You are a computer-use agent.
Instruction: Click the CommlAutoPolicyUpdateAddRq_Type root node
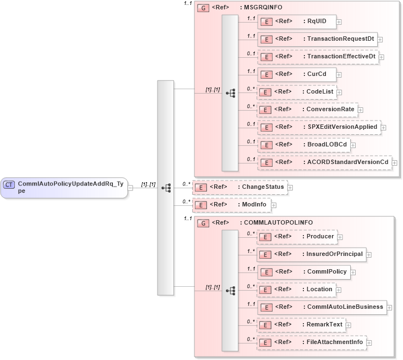coord(64,187)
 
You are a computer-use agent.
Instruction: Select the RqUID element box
coord(297,21)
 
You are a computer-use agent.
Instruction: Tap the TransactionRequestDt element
coord(317,39)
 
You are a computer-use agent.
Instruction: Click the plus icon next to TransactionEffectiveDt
coord(382,57)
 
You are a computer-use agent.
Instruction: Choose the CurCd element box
coord(297,74)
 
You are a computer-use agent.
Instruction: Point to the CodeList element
coord(297,92)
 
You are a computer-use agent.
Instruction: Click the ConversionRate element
coord(307,110)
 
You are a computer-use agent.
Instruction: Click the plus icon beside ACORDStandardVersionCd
coord(394,162)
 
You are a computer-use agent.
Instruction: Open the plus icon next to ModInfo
coord(273,205)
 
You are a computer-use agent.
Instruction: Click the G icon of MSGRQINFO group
coord(203,9)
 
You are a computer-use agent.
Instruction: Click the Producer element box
coord(297,237)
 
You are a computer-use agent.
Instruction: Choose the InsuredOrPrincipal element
coord(311,254)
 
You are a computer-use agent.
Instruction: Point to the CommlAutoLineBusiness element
coord(322,307)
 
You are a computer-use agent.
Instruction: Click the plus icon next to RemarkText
coord(349,325)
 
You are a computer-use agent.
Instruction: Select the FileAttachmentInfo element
coord(312,342)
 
